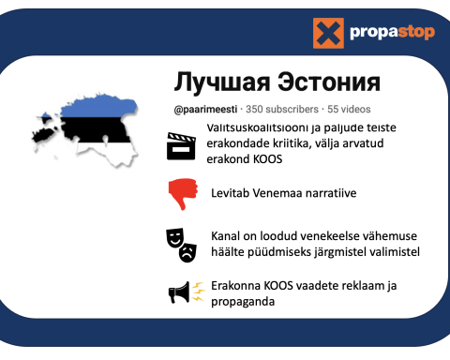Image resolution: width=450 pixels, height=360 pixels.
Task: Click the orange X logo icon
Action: click(328, 33)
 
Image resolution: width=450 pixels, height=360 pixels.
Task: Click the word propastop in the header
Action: click(392, 32)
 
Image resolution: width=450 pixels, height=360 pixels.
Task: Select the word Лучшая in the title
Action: click(222, 82)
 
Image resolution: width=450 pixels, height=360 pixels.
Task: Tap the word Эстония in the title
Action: click(329, 82)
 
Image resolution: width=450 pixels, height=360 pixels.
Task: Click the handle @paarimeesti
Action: click(205, 110)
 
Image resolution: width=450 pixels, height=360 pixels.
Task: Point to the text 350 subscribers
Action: click(282, 109)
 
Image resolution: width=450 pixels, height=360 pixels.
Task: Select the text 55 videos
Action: click(349, 109)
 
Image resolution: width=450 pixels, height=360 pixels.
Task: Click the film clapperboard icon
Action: click(181, 146)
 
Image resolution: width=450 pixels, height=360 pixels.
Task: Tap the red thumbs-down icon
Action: click(183, 194)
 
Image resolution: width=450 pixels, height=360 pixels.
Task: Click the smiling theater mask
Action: click(174, 237)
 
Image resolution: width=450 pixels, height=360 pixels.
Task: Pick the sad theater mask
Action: click(187, 252)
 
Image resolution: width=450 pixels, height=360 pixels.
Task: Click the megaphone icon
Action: click(179, 292)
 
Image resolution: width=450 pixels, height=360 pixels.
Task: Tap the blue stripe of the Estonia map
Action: click(98, 108)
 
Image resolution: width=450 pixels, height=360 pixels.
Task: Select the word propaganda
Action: click(243, 302)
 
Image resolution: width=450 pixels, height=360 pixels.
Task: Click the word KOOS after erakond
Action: click(267, 159)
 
